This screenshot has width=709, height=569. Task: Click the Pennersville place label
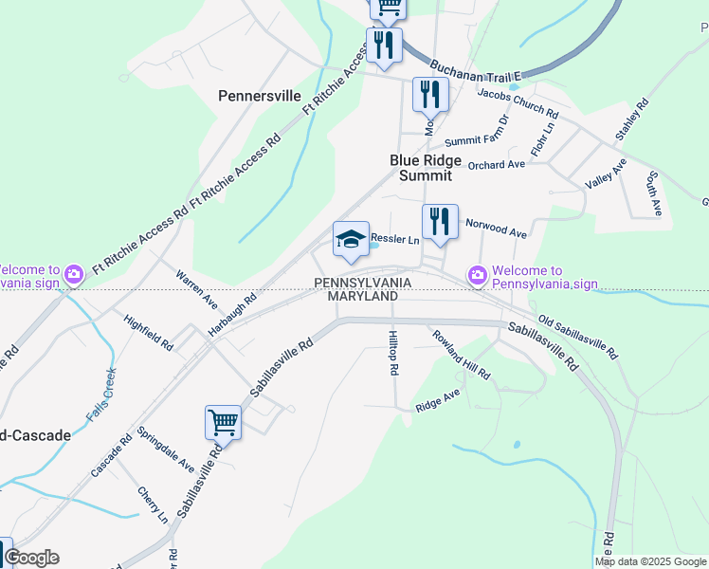click(259, 96)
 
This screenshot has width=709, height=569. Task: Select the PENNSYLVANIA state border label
click(363, 283)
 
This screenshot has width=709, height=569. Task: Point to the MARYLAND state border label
click(363, 297)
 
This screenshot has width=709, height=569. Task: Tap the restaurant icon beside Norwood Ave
click(440, 222)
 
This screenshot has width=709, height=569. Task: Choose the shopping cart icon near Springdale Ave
click(223, 422)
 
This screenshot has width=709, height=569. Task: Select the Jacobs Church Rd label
click(518, 104)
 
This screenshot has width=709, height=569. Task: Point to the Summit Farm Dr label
click(477, 132)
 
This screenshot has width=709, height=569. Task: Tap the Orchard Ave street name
click(496, 164)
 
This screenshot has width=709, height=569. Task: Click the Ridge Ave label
click(437, 399)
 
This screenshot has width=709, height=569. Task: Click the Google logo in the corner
click(30, 558)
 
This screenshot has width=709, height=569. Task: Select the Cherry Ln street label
click(152, 505)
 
